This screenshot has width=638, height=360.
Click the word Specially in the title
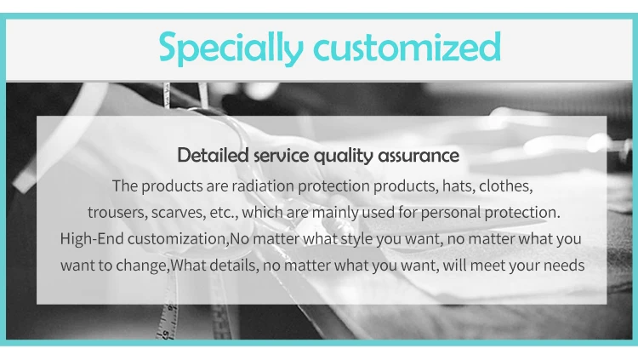pos(231,48)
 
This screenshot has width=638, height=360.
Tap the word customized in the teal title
pos(407,46)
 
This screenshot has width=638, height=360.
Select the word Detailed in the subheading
pos(213,155)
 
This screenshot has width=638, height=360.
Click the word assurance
pos(419,156)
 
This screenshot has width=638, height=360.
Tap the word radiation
pos(263,186)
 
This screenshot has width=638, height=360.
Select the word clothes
pos(506,186)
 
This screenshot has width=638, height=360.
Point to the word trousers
pos(118,213)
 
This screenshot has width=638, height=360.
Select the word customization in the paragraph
pos(179,238)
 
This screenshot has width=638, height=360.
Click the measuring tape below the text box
pos(168,322)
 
